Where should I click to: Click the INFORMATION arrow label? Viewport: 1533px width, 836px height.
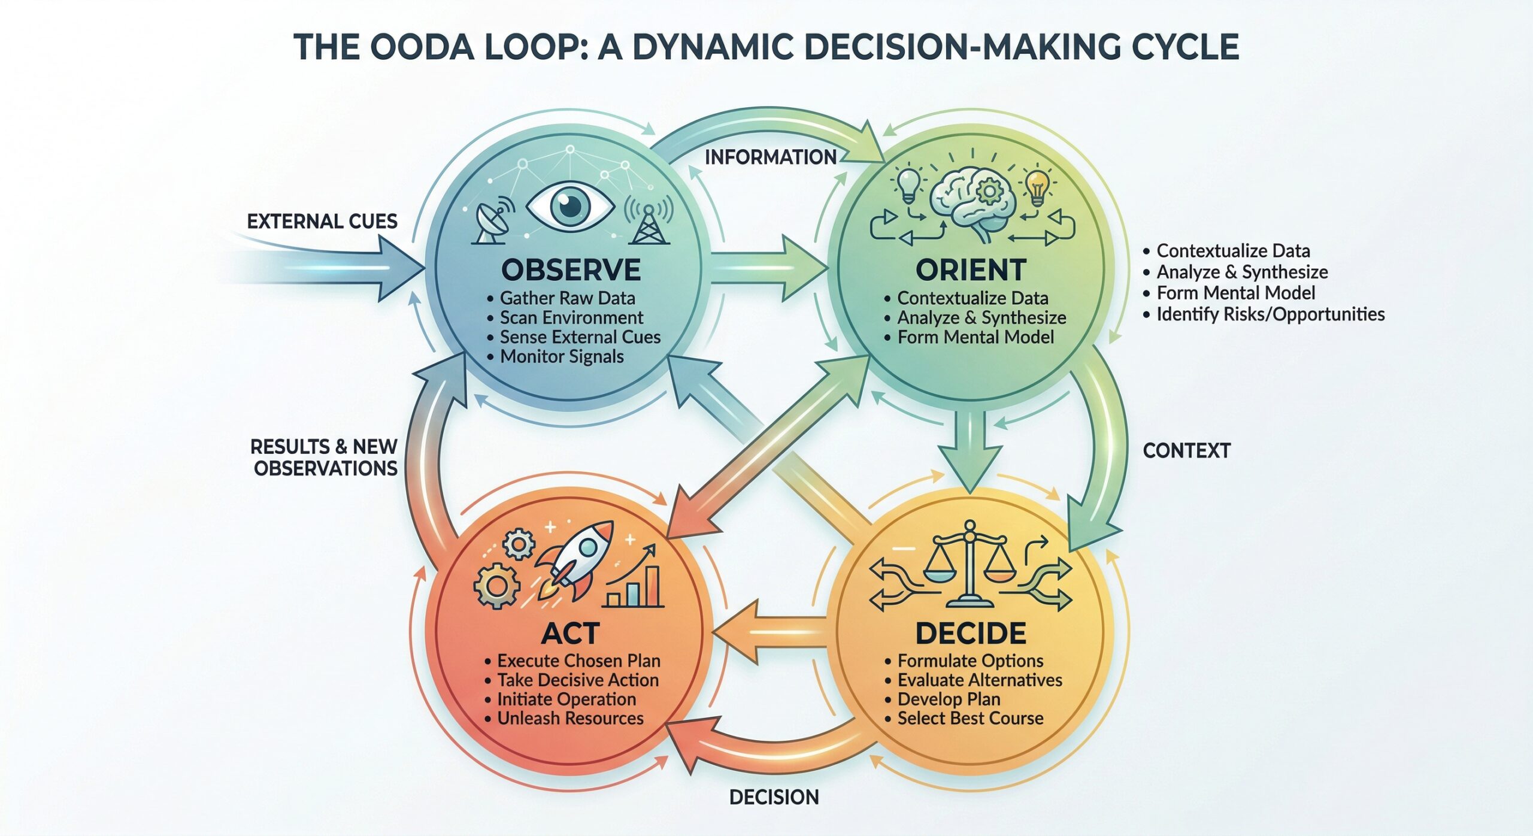click(x=770, y=157)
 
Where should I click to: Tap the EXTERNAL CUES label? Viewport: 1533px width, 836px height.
click(x=322, y=222)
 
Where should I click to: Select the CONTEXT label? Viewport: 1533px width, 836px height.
click(x=1186, y=450)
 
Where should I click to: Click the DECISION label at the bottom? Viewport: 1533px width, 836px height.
click(x=774, y=797)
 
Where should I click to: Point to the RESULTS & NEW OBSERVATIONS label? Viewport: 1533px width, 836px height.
click(x=324, y=457)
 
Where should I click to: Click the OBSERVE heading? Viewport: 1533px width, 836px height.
click(x=571, y=270)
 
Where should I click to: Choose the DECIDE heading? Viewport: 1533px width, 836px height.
click(x=971, y=634)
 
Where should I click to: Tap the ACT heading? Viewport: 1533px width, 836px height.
click(x=570, y=634)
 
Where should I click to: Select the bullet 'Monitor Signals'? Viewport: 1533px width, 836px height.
click(x=561, y=357)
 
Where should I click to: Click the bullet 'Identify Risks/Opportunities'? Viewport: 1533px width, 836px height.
click(x=1270, y=314)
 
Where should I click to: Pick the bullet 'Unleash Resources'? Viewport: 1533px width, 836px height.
click(x=569, y=719)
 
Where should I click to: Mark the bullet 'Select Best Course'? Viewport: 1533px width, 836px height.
click(x=970, y=719)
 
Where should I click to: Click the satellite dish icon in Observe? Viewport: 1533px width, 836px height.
click(x=493, y=223)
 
